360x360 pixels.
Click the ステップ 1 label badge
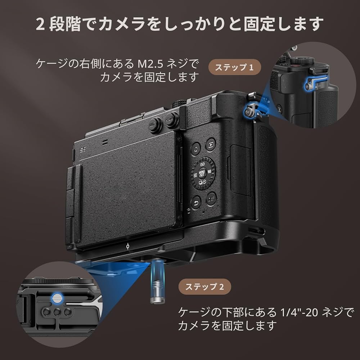[x=234, y=68]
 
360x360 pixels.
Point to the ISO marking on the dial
[x=202, y=163]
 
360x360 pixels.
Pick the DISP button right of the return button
[x=211, y=198]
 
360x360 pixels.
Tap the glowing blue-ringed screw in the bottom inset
[x=57, y=297]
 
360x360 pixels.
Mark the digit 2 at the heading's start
[x=40, y=23]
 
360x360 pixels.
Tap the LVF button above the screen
[x=155, y=125]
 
